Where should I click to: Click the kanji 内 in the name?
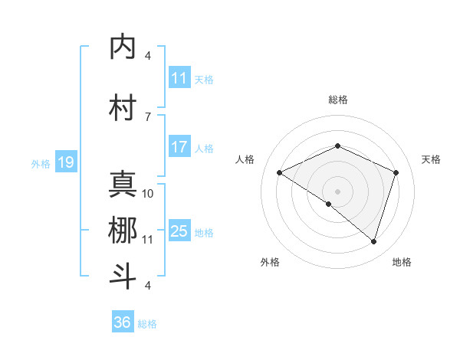(123, 47)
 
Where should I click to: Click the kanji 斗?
(123, 277)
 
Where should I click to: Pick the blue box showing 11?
(179, 78)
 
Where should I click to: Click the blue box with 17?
(179, 147)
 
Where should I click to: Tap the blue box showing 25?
(179, 231)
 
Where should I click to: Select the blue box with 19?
(65, 162)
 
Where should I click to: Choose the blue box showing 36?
(122, 322)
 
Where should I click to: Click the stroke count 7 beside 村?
(147, 116)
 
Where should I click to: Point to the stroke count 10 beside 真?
(148, 193)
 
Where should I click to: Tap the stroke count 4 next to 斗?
(147, 286)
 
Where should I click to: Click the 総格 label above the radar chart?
(337, 100)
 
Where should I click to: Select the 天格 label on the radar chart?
(432, 159)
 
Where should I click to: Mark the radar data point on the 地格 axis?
(373, 242)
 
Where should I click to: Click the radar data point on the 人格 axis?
(280, 173)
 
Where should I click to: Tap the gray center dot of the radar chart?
(337, 191)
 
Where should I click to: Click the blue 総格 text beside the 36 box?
(147, 324)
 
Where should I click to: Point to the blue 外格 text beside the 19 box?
(40, 163)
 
